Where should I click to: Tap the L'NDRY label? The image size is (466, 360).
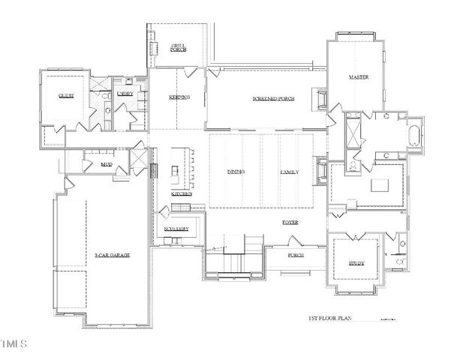click(125, 93)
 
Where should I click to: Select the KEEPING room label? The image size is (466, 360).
click(179, 97)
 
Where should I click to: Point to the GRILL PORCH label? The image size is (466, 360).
click(178, 47)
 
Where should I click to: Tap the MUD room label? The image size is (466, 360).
click(96, 165)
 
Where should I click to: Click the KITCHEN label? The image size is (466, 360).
click(182, 193)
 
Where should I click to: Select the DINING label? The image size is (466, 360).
click(236, 172)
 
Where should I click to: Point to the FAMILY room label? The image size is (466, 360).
click(290, 172)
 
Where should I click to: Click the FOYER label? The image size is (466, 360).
click(291, 223)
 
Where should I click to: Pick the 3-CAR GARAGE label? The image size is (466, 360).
click(113, 256)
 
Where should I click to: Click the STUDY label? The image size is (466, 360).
click(356, 263)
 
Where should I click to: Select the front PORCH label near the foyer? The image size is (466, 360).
click(296, 255)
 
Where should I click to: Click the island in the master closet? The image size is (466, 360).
click(381, 184)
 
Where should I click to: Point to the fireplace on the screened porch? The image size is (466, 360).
click(322, 99)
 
